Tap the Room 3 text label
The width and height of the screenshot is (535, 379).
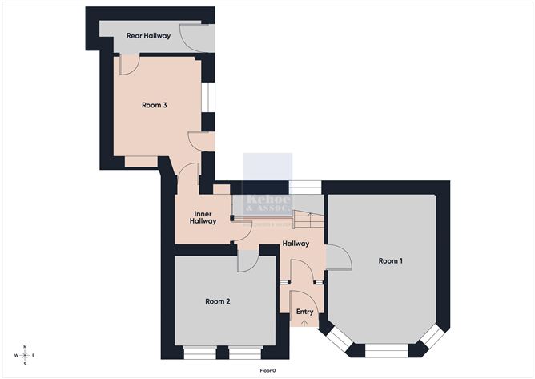click(x=154, y=105)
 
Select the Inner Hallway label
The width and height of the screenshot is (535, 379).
click(x=203, y=217)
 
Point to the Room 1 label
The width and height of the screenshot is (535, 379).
click(x=390, y=261)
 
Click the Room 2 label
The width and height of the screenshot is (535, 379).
click(x=217, y=301)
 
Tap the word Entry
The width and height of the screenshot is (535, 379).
click(x=304, y=312)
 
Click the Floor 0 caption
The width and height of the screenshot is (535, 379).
click(x=267, y=370)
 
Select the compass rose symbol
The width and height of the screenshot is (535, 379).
click(x=26, y=355)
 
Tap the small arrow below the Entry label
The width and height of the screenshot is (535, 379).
click(x=304, y=322)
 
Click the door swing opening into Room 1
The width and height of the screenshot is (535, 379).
click(x=338, y=256)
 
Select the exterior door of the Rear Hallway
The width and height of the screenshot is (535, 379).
click(x=195, y=36)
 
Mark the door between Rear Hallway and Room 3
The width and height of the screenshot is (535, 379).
click(x=130, y=64)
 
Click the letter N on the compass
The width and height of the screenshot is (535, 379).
click(x=26, y=346)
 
